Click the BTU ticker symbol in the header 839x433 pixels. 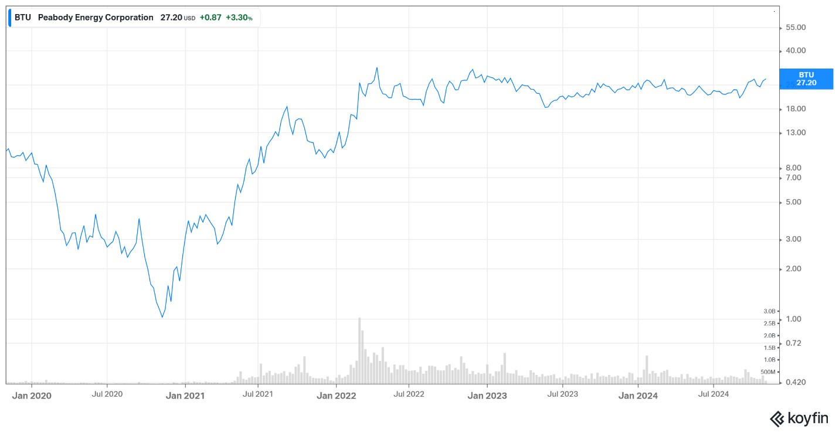pos(22,18)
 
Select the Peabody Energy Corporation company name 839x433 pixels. pos(96,18)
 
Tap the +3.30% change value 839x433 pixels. pos(239,18)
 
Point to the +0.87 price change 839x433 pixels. pos(210,18)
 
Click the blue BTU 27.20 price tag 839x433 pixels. pos(806,79)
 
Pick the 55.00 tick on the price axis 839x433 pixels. pos(796,28)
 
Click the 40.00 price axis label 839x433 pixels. pos(796,50)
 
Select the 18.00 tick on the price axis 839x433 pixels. pos(796,109)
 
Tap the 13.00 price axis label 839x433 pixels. pos(796,132)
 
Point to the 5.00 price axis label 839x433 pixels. pos(793,202)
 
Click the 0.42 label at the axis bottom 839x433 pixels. pos(796,382)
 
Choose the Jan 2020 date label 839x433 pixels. pos(32,396)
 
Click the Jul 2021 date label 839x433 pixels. pos(258,394)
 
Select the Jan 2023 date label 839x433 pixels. pos(487,396)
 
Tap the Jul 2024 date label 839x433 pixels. pos(713,394)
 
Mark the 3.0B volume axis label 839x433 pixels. pos(769,311)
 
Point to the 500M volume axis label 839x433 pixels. pos(768,372)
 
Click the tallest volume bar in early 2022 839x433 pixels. pos(359,350)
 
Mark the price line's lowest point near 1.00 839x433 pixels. pos(162,318)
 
